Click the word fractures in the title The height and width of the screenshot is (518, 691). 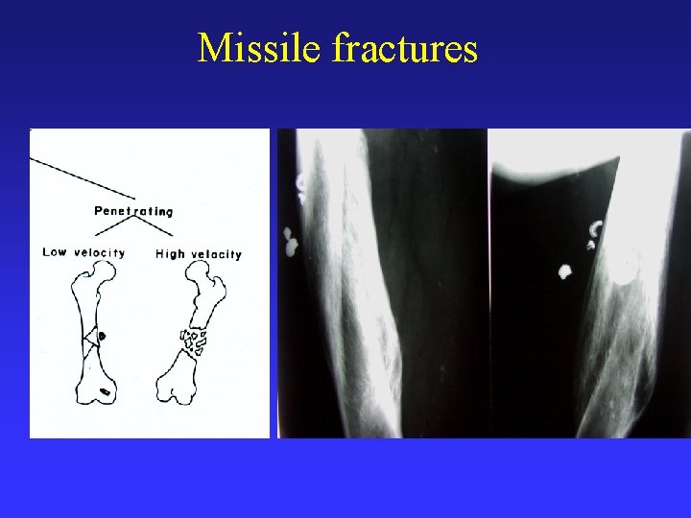pyautogui.click(x=404, y=48)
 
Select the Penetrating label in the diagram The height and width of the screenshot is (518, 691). pyautogui.click(x=133, y=211)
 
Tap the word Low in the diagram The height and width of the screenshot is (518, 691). pyautogui.click(x=56, y=253)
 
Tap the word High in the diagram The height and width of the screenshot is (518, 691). pyautogui.click(x=170, y=254)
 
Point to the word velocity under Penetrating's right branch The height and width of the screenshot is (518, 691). pyautogui.click(x=216, y=254)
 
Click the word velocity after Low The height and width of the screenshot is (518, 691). pyautogui.click(x=99, y=253)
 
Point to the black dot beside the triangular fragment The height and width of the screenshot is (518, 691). pyautogui.click(x=103, y=336)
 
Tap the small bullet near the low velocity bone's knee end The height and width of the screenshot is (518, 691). pyautogui.click(x=105, y=390)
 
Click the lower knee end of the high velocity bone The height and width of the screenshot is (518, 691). pyautogui.click(x=179, y=388)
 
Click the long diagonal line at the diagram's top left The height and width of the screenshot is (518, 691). pyautogui.click(x=82, y=178)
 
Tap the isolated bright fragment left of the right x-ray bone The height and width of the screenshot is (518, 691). pyautogui.click(x=564, y=272)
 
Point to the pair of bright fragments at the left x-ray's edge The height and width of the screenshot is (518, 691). pyautogui.click(x=289, y=243)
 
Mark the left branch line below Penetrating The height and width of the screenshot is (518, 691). pyautogui.click(x=112, y=225)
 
